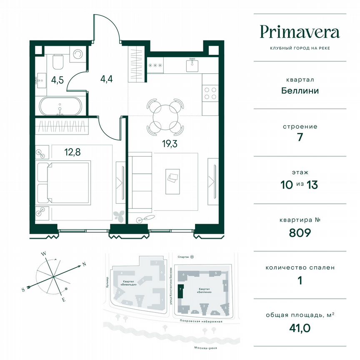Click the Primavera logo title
[300, 32]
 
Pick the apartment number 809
[300, 232]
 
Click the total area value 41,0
[300, 328]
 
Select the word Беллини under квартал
[300, 90]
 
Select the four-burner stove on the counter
[210, 93]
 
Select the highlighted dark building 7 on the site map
[180, 292]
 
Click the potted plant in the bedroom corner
[119, 215]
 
